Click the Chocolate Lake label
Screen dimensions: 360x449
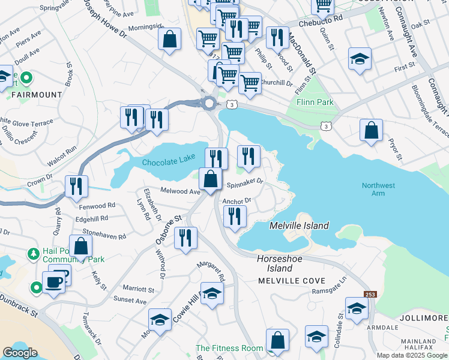pyautogui.click(x=168, y=162)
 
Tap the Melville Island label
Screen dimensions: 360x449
pyautogui.click(x=299, y=226)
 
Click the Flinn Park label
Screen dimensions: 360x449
pyautogui.click(x=315, y=102)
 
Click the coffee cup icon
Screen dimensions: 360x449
pyautogui.click(x=53, y=281)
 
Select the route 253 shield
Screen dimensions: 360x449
pyautogui.click(x=370, y=294)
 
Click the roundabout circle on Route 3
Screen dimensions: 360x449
pyautogui.click(x=209, y=104)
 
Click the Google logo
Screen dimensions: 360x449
pyautogui.click(x=20, y=353)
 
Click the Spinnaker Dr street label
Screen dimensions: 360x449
pyautogui.click(x=245, y=181)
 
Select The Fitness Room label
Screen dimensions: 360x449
pyautogui.click(x=229, y=348)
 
